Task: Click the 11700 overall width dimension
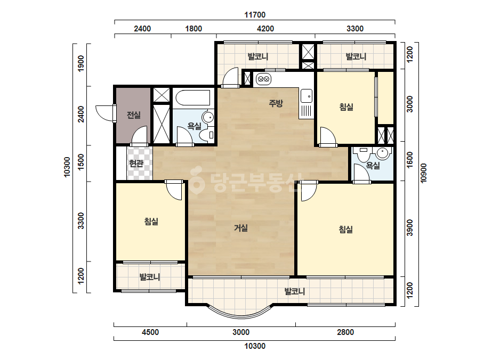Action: (255, 15)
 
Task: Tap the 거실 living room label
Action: (240, 228)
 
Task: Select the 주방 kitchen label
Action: (276, 103)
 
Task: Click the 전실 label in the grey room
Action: (134, 115)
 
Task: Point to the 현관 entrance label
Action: (136, 163)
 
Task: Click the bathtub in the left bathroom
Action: (192, 98)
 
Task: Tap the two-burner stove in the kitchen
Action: (263, 79)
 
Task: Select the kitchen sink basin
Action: (307, 96)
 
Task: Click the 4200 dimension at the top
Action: (265, 29)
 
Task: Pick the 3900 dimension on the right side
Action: (410, 228)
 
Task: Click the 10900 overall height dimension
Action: (424, 173)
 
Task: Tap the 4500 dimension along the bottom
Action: (150, 332)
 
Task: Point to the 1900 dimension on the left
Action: (80, 63)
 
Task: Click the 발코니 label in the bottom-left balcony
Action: (150, 277)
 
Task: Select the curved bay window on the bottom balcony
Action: (239, 314)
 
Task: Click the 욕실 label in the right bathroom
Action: (373, 165)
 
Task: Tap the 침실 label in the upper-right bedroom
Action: (346, 107)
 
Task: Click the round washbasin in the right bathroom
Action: (383, 153)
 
